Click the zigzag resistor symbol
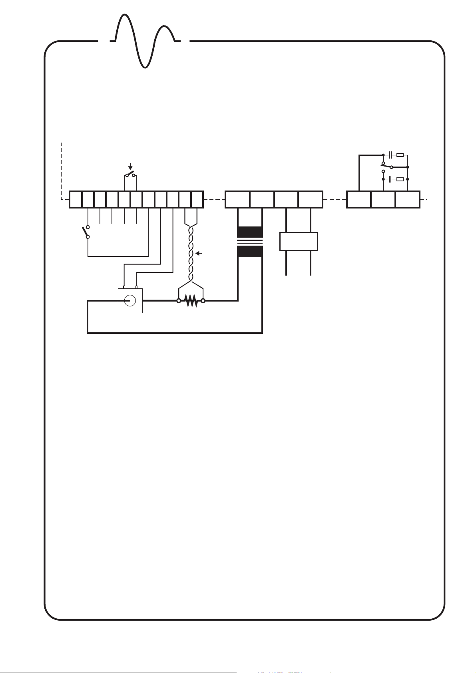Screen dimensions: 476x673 (x=191, y=301)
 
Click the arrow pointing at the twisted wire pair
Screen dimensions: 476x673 (x=198, y=253)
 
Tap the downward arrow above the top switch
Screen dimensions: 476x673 (x=130, y=167)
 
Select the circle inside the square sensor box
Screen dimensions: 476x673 (x=130, y=300)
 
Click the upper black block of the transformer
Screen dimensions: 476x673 (x=250, y=232)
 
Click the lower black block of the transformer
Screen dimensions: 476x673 (x=250, y=251)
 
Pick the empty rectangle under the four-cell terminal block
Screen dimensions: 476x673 (x=299, y=241)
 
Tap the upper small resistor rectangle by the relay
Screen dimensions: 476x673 (x=400, y=155)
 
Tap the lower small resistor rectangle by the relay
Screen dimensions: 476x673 (x=400, y=179)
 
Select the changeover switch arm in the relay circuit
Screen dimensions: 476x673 (x=387, y=165)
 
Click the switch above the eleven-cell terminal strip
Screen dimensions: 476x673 (x=130, y=175)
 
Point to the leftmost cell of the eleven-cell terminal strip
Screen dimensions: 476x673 (x=76, y=200)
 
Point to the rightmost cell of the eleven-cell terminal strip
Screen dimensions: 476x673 (x=197, y=200)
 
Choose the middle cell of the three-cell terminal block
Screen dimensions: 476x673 (x=383, y=200)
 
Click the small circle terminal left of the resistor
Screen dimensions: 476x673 (x=179, y=301)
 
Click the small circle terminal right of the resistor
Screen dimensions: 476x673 (x=203, y=301)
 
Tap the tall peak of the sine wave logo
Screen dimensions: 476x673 (x=125, y=17)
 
